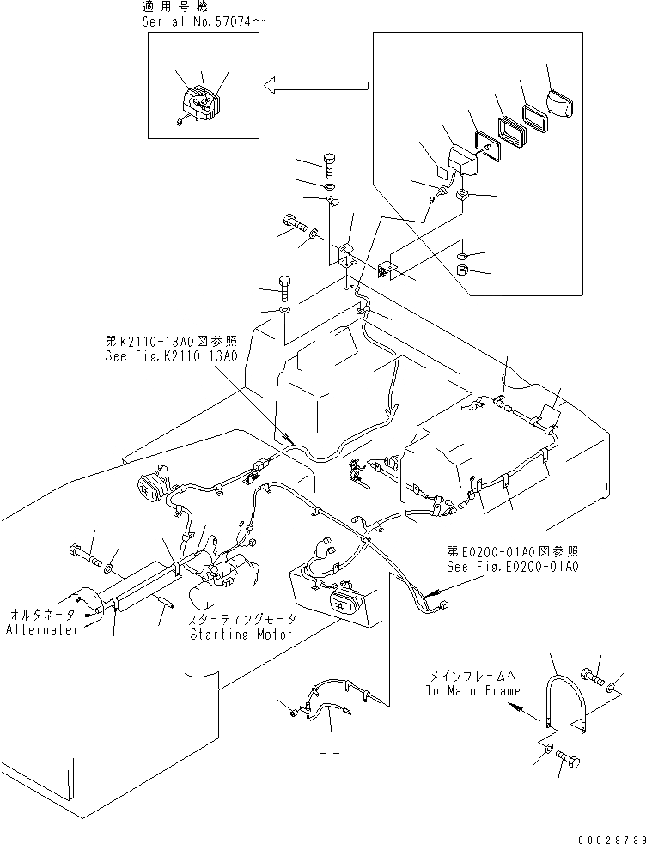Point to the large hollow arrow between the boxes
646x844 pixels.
pyautogui.click(x=315, y=84)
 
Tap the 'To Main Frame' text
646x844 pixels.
pyautogui.click(x=472, y=690)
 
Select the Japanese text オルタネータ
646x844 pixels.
pyautogui.click(x=42, y=615)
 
